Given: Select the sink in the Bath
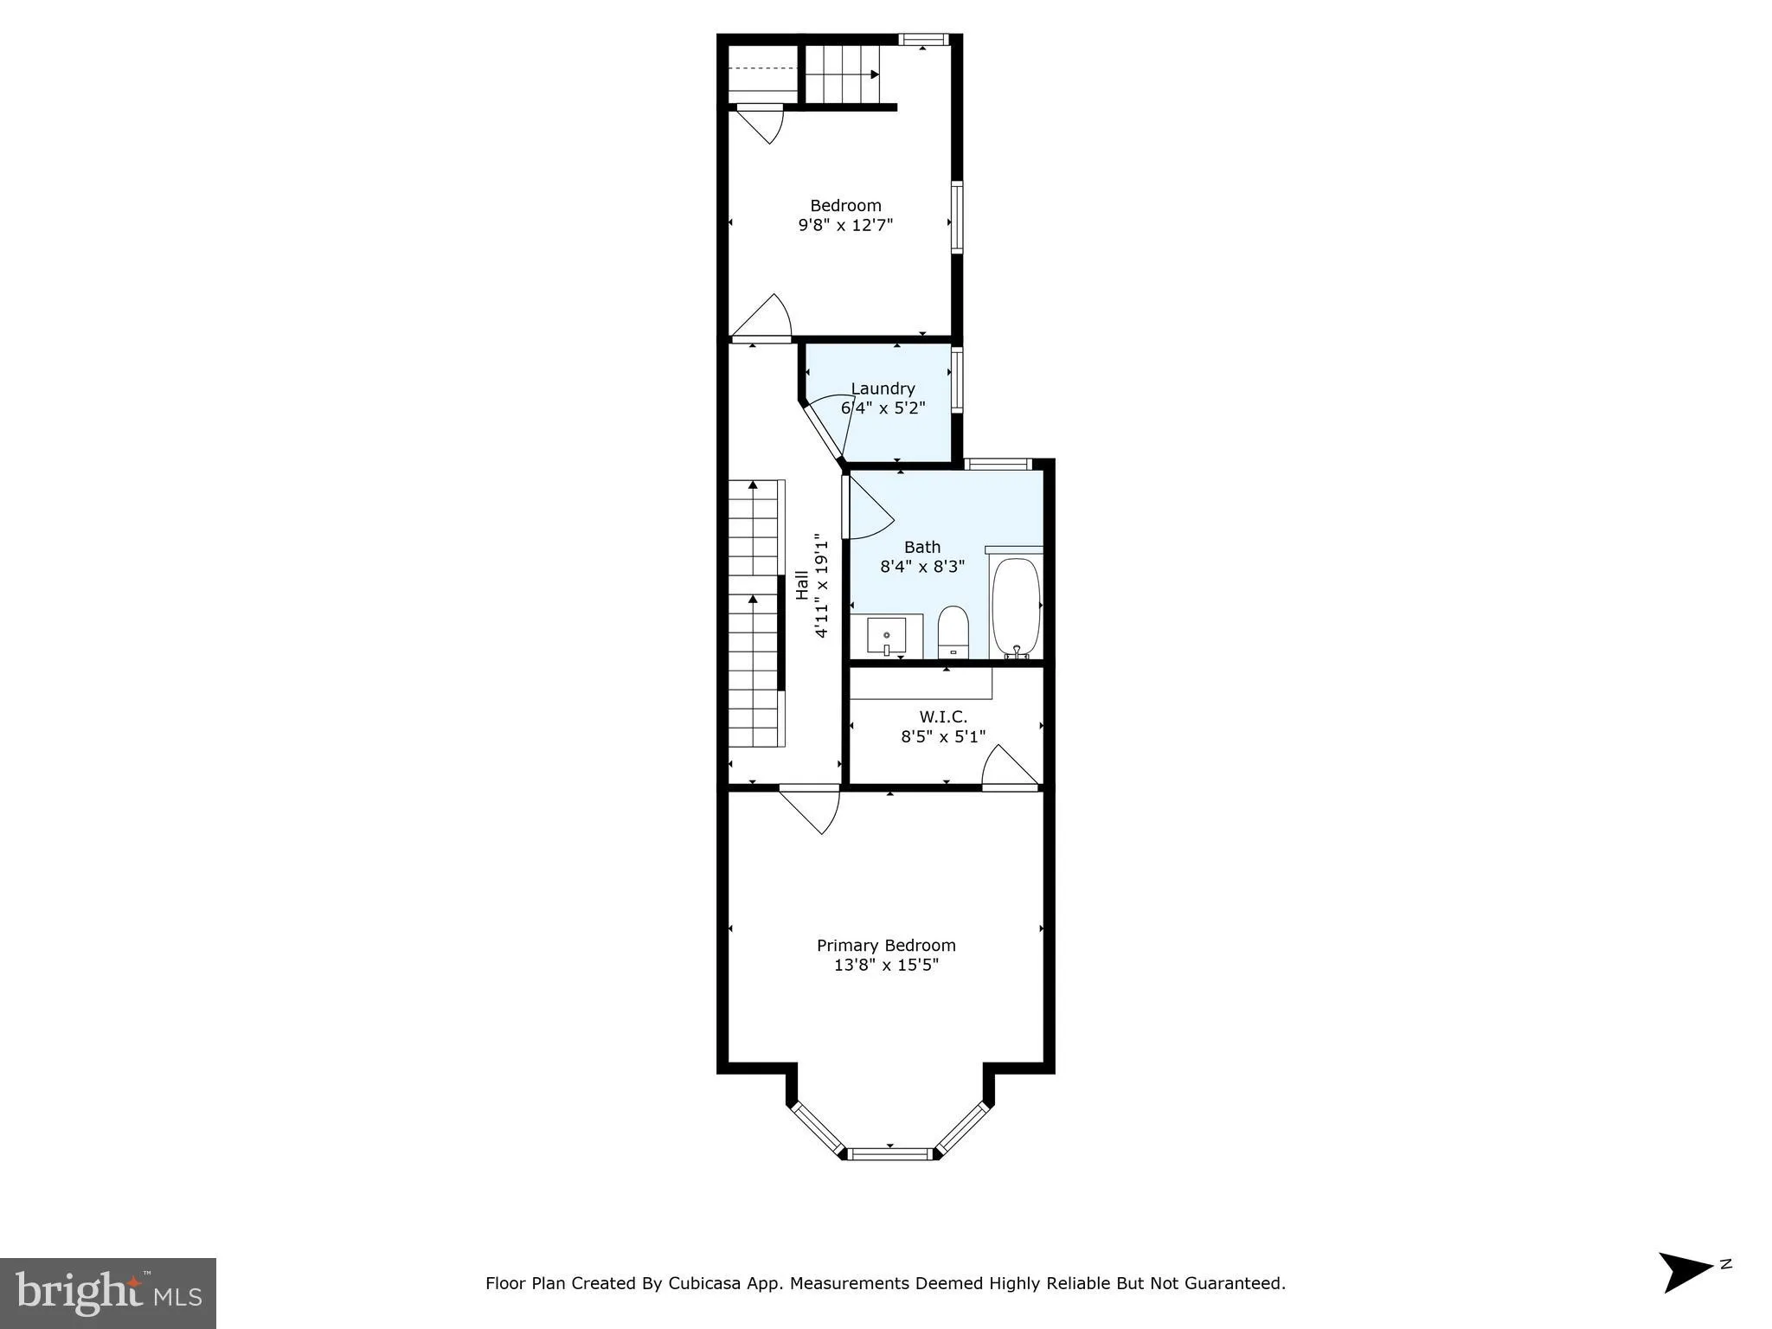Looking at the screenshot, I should click(887, 637).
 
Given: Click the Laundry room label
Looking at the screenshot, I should click(883, 388).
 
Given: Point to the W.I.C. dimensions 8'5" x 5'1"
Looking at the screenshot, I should click(943, 736).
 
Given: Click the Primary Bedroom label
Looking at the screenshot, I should click(886, 946).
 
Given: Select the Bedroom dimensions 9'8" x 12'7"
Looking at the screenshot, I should click(844, 225).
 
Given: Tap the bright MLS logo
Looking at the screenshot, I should click(107, 1293).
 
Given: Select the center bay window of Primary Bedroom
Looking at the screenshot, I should click(890, 1152).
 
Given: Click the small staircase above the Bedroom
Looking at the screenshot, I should click(843, 74).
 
